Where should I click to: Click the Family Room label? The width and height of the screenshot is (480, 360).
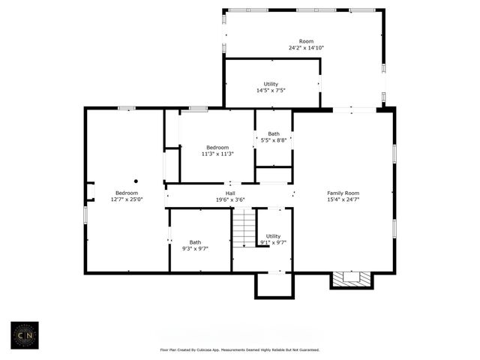(343, 193)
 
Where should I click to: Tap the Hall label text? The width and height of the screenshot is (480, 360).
(230, 193)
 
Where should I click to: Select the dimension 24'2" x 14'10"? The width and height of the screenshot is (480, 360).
(306, 48)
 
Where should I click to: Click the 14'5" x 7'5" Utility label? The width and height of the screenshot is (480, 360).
(271, 84)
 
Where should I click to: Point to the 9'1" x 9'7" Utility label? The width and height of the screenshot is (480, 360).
(273, 236)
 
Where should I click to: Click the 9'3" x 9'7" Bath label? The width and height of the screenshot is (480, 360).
(195, 242)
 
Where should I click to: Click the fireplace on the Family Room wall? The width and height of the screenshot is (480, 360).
(351, 278)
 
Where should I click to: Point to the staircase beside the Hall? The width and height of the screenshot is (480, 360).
(244, 227)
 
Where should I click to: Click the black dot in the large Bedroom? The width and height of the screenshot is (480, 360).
(136, 181)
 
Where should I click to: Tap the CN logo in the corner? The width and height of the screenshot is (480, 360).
(26, 335)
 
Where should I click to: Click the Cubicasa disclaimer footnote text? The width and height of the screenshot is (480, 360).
(239, 349)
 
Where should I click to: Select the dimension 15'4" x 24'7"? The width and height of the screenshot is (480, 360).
(343, 199)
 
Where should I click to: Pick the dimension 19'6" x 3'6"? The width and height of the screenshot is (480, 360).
(230, 199)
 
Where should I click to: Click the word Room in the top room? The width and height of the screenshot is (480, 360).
(306, 41)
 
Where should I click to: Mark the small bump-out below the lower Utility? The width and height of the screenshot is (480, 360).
(274, 285)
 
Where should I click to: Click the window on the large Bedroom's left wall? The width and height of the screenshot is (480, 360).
(85, 214)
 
